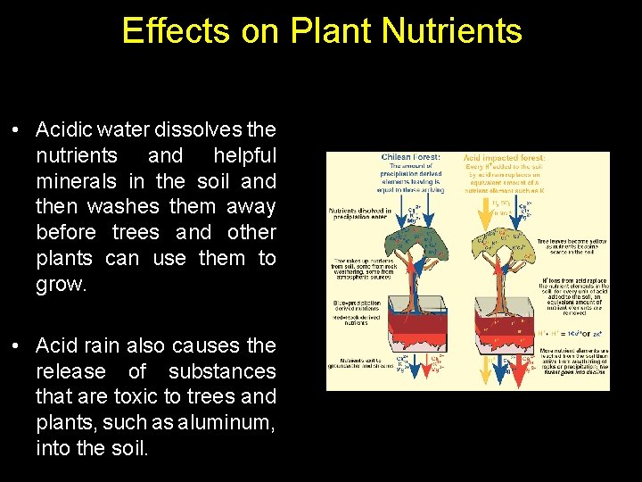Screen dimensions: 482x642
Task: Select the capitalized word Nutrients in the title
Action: coord(451,30)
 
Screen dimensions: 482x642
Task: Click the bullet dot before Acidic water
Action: coord(17,130)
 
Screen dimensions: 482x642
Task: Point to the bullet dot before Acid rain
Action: coord(17,345)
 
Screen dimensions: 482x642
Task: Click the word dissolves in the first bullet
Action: coord(202,130)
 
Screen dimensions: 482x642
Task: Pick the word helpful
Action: coord(244,156)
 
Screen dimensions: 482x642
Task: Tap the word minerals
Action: coord(77,181)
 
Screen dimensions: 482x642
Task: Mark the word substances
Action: coord(222,370)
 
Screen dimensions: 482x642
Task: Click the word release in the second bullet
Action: coord(70,370)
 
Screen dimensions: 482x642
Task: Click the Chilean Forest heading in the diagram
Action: coord(410,158)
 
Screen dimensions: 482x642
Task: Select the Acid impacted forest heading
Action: coord(505,158)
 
